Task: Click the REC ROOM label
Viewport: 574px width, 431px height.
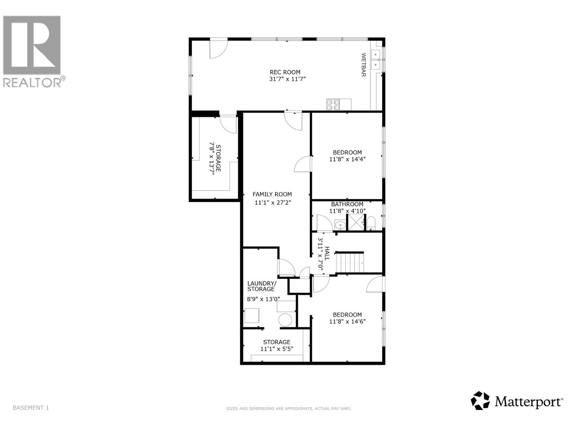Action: click(x=285, y=72)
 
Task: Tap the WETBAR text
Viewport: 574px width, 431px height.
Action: click(x=363, y=65)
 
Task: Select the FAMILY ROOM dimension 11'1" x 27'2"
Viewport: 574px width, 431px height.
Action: click(x=273, y=203)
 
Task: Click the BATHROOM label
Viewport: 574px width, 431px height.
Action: click(x=347, y=204)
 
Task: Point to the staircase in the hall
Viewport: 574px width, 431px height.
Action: click(x=350, y=263)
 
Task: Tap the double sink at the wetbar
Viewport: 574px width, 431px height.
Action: click(x=376, y=59)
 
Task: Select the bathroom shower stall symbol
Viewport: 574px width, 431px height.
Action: click(x=356, y=222)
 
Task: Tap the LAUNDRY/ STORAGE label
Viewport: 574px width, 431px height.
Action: click(x=262, y=286)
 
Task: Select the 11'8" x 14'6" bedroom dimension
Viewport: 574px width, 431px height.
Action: click(x=347, y=322)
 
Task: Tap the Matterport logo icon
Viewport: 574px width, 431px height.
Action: click(x=480, y=400)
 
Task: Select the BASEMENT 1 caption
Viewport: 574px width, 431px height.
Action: click(x=30, y=408)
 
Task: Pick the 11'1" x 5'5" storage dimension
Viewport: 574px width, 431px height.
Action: click(x=276, y=349)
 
